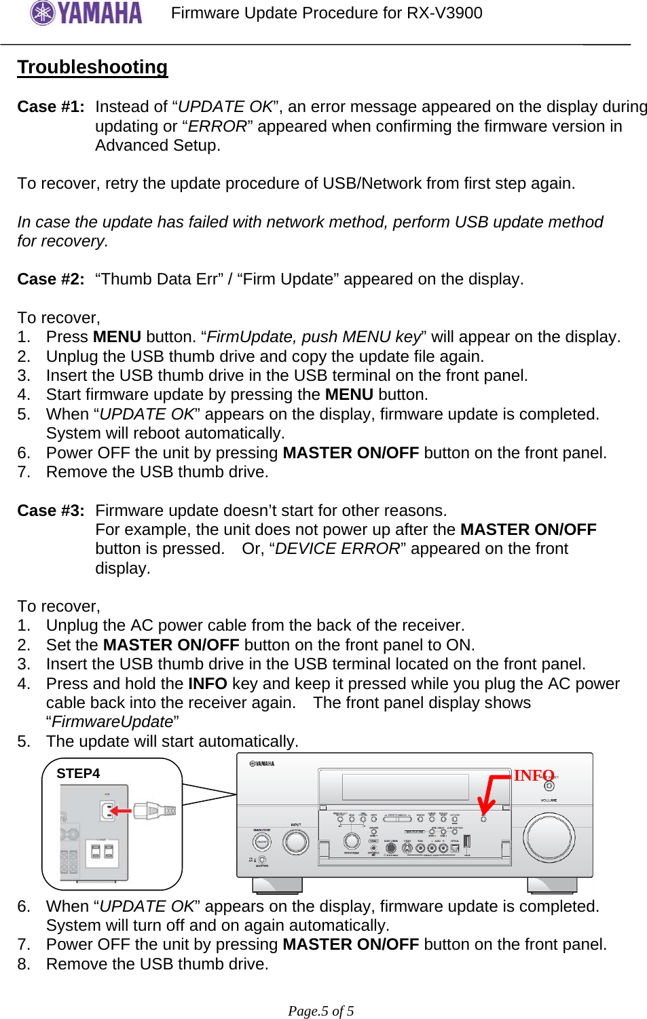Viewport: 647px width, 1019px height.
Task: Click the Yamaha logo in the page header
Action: pos(86,13)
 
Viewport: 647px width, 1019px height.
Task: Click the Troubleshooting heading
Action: pos(92,67)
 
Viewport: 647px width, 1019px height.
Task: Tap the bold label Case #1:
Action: pos(51,107)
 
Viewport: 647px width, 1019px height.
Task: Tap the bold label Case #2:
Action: pos(51,279)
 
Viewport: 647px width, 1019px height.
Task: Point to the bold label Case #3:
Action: pos(51,511)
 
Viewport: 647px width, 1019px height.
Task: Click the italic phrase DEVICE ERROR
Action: pos(337,549)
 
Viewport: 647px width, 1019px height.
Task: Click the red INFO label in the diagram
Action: pos(534,775)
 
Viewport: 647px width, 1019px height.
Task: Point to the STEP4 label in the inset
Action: pos(78,773)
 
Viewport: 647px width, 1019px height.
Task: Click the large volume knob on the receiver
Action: pos(549,836)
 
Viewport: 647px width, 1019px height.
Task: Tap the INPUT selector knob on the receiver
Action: pos(295,842)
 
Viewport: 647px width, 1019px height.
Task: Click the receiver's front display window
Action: pos(405,788)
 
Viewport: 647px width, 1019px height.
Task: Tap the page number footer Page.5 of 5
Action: pos(321,1011)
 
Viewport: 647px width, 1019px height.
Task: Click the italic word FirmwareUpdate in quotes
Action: pos(113,722)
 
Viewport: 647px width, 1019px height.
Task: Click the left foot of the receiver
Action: pos(277,885)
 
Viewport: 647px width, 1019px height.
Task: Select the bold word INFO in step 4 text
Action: pos(207,684)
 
